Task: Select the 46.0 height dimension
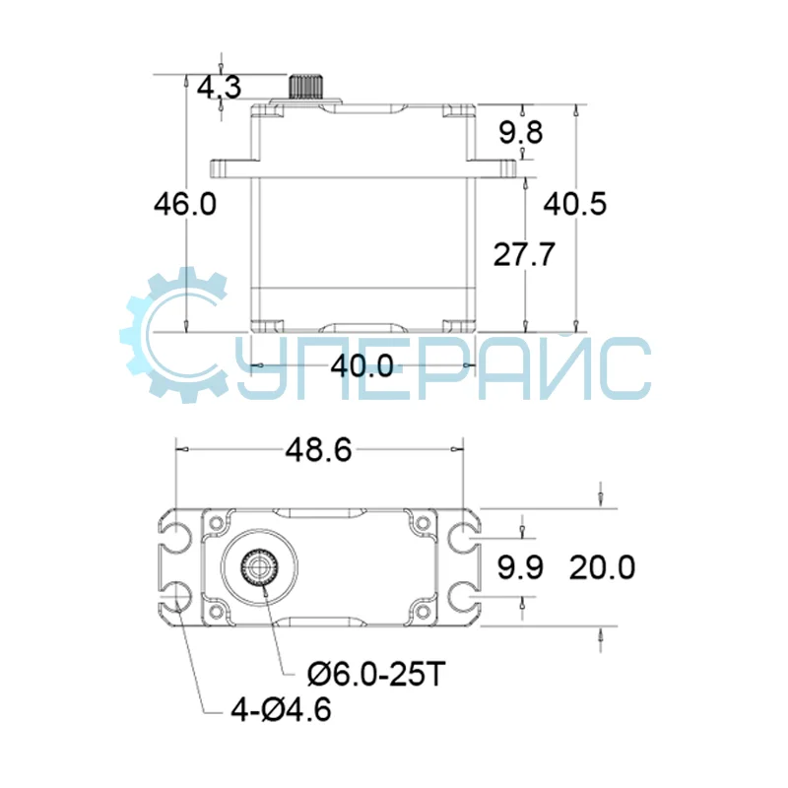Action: pyautogui.click(x=184, y=204)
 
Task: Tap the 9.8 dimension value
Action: pyautogui.click(x=520, y=132)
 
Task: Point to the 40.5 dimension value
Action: pyautogui.click(x=576, y=204)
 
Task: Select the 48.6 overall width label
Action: pyautogui.click(x=318, y=450)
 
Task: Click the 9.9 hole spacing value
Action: pyautogui.click(x=519, y=568)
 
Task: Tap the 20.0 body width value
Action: pyautogui.click(x=601, y=568)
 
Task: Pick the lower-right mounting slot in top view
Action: pyautogui.click(x=460, y=595)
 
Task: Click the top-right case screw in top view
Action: pyautogui.click(x=423, y=522)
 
